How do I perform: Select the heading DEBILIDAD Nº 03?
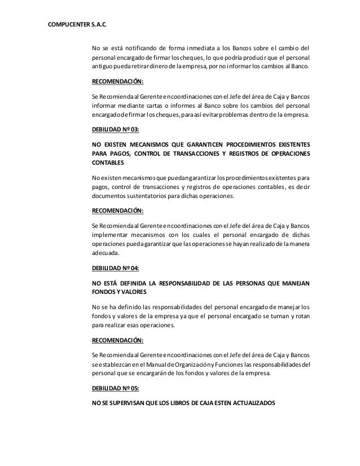point(115,129)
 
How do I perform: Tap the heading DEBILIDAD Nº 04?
point(115,269)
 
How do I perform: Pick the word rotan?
point(304,317)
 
